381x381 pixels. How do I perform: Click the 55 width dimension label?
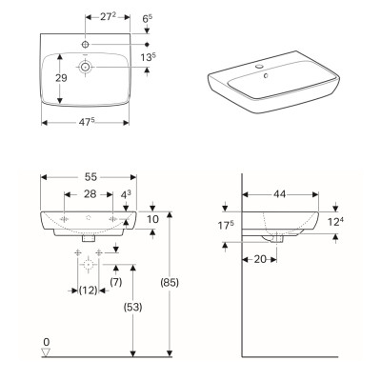(90, 177)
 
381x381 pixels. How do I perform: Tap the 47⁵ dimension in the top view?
(87, 122)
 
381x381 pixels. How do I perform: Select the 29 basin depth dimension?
(61, 78)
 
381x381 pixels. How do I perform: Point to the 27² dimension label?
(108, 17)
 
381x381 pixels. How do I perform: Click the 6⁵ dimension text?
(148, 19)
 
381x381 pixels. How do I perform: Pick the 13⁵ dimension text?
(149, 57)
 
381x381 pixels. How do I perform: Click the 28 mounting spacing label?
(90, 194)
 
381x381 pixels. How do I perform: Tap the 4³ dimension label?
(126, 195)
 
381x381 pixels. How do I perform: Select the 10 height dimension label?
(152, 219)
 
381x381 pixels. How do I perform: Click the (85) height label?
(170, 282)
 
